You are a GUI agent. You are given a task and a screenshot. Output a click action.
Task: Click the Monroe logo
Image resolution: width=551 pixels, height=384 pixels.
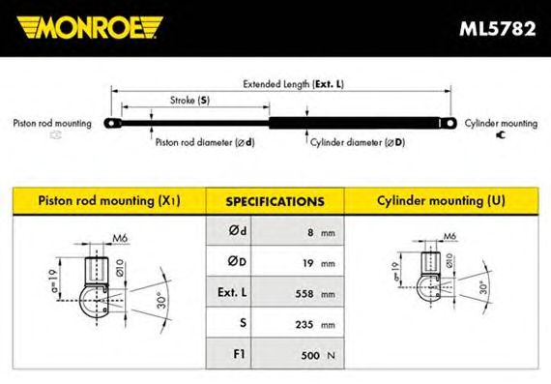coord(90,27)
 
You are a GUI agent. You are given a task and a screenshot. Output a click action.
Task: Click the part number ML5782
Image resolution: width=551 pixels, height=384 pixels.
coord(498,29)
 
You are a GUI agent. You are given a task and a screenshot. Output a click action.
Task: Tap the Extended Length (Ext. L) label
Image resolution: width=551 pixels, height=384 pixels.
coord(294,84)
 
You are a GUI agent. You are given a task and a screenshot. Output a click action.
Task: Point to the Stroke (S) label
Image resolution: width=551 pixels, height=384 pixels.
coord(189,101)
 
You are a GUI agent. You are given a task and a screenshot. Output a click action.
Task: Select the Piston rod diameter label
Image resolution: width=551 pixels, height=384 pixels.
coord(205,142)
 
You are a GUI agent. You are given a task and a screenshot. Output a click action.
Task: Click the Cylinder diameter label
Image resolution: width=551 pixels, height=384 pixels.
coord(358,142)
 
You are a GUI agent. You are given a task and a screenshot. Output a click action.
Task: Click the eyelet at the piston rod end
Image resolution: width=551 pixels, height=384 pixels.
coord(112,124)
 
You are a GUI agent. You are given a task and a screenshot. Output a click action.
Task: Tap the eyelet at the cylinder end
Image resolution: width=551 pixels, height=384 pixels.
coord(449,123)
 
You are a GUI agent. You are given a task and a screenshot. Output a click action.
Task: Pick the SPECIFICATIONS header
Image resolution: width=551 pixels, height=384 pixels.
coord(275,202)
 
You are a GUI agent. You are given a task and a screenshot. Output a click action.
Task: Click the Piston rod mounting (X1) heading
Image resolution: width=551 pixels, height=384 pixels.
coord(109,201)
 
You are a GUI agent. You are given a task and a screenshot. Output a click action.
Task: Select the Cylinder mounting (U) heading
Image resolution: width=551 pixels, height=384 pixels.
coord(441,201)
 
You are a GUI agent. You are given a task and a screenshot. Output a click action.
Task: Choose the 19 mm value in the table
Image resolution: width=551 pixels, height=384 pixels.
coord(319,263)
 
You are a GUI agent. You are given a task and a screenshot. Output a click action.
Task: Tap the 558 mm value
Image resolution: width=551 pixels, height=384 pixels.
coord(315,294)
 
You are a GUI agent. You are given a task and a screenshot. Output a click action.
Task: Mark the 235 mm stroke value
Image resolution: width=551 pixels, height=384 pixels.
coord(315,324)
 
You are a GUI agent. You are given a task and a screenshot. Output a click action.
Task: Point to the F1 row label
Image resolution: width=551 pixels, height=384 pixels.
coord(239,354)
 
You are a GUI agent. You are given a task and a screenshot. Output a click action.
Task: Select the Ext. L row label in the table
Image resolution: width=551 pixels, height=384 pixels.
coord(232,292)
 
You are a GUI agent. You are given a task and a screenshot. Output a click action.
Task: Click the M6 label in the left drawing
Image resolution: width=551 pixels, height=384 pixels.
coord(120,238)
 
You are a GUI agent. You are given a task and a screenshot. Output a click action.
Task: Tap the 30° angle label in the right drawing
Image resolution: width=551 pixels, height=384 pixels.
coord(484,287)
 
